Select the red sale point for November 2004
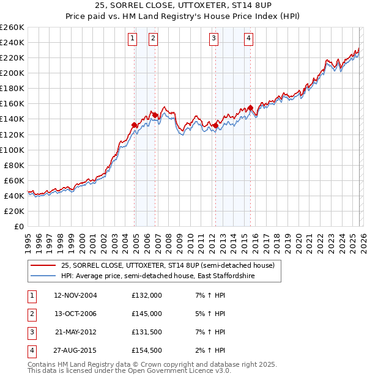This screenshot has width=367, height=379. pos(134,125)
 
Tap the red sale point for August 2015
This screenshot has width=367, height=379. pos(251,108)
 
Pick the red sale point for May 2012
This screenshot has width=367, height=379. pos(215,126)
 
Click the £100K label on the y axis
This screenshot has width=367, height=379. pos(12,150)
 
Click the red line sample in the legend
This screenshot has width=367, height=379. pos(43,265)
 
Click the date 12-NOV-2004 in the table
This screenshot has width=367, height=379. pos(75,295)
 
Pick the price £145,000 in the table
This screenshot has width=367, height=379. pos(146,314)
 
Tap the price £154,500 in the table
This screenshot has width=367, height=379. pos(146,350)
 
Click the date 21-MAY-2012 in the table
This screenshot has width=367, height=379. pos(75,332)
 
